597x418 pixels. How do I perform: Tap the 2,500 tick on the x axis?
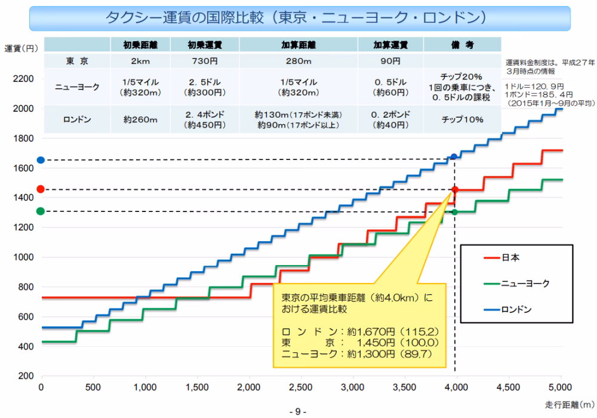pos(300,387)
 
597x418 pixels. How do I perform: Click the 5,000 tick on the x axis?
pos(560,387)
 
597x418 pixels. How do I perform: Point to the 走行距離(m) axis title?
pos(570,404)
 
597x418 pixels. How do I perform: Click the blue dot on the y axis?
pos(41,160)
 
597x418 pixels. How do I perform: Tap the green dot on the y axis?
pos(41,211)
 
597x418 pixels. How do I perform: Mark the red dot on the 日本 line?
pos(455,190)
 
